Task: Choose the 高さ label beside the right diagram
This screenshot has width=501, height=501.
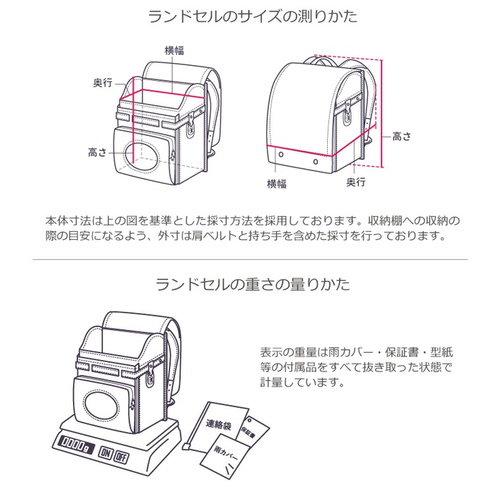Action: pos(402,135)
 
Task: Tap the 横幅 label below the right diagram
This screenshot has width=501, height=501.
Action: pos(277,184)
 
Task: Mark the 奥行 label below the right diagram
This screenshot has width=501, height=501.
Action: pos(356,183)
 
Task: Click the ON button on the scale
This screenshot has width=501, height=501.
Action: pos(106,454)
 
